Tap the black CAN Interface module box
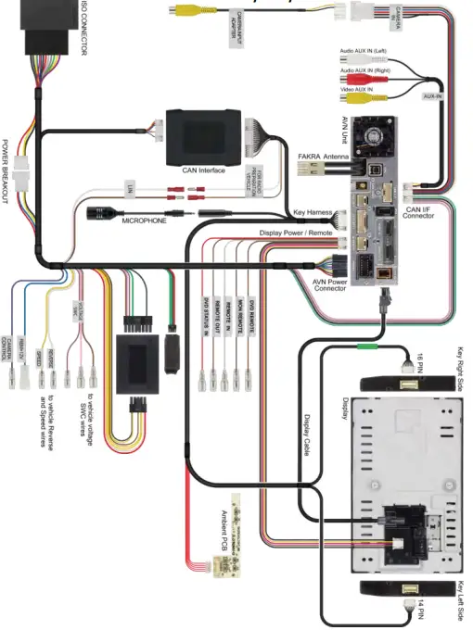pos(204,135)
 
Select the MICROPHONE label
pos(144,221)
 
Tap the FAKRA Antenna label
pos(324,157)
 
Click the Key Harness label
pos(313,213)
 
